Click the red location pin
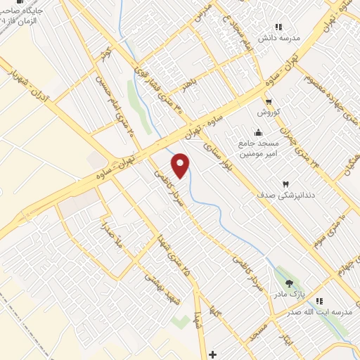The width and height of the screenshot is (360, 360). click(181, 165)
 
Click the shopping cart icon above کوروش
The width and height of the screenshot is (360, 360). click(269, 101)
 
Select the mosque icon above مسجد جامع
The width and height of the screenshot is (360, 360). click(259, 132)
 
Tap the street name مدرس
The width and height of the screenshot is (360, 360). click(205, 8)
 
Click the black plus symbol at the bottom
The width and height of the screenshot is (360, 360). click(214, 352)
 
